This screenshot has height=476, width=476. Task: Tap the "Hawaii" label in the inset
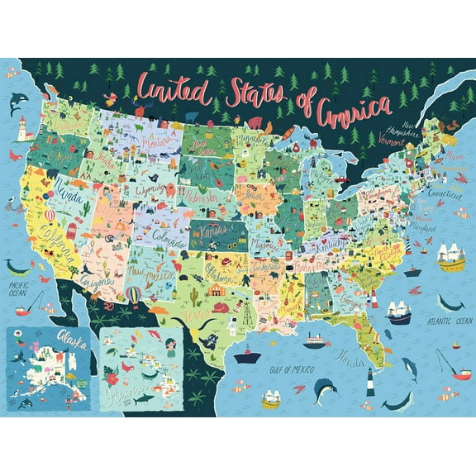coord(148,388)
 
